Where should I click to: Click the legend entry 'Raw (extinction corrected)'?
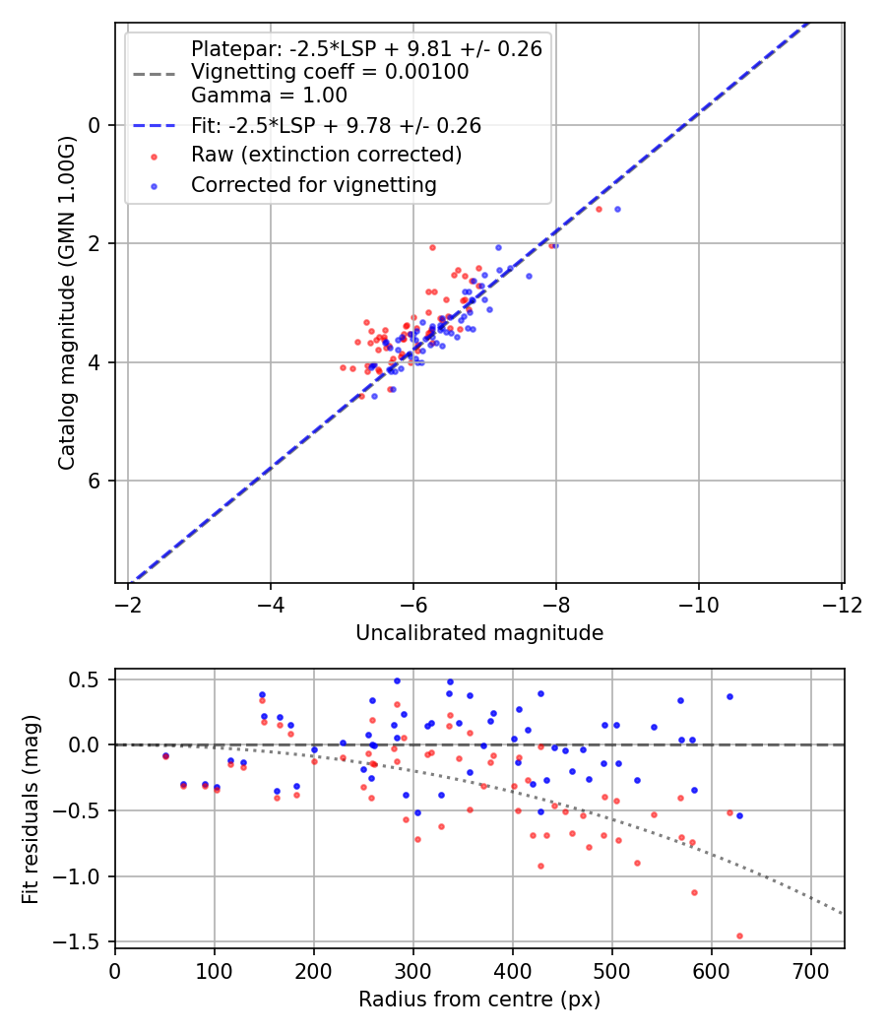(326, 155)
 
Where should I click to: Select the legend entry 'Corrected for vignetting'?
(313, 184)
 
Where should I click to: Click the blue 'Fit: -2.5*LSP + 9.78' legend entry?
(336, 125)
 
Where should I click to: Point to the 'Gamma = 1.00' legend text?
(269, 96)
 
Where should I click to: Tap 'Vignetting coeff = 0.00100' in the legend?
(330, 72)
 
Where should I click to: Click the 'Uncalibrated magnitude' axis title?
(479, 633)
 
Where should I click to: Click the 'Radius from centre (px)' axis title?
(479, 1000)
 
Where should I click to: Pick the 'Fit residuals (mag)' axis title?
(31, 808)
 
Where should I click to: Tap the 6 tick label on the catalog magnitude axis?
(95, 481)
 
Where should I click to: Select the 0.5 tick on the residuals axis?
(89, 679)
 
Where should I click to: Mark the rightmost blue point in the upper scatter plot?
(617, 209)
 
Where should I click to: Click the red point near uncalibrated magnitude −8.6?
(599, 209)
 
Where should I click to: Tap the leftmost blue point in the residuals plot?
(165, 755)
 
